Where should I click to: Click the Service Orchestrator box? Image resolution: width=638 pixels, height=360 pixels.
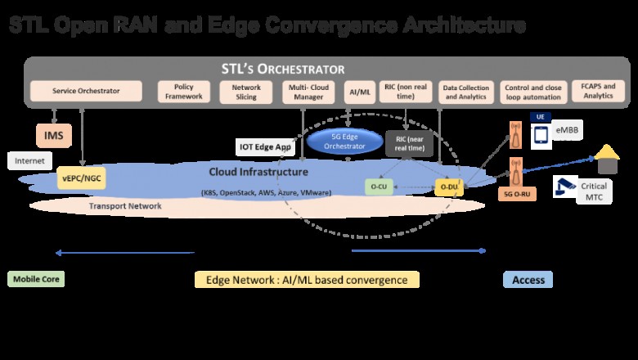pos(86,92)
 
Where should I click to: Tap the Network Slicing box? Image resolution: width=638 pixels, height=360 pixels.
pos(246,92)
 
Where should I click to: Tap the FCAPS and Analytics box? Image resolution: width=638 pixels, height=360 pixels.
pos(596,92)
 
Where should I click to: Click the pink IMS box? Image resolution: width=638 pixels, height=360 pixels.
pos(54,133)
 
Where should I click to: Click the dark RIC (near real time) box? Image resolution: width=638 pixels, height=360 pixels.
pos(408,143)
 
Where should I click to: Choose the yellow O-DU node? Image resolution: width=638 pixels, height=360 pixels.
pos(448,187)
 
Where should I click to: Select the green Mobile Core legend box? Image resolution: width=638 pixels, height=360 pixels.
pos(35,279)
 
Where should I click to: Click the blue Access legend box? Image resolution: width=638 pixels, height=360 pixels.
pos(528,280)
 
